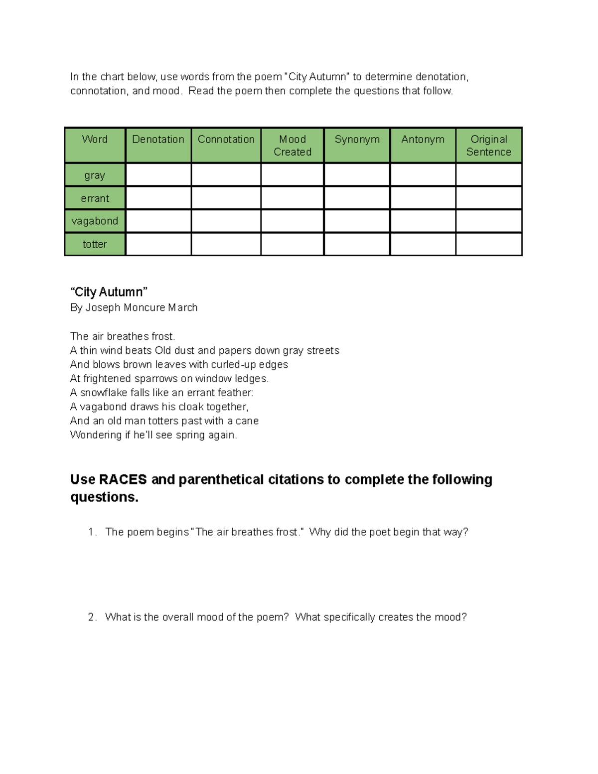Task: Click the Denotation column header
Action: coord(158,140)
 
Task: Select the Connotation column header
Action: coord(226,140)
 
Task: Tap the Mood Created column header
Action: coord(293,146)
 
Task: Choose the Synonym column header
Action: coord(357,140)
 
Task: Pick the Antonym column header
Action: coord(423,140)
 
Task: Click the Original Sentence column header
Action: coord(488,146)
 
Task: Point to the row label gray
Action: coord(95,175)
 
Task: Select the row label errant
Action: coord(95,198)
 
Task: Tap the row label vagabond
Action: coord(95,221)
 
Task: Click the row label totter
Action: coord(95,244)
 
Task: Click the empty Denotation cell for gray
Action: coord(158,175)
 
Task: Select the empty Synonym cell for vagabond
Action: coord(357,221)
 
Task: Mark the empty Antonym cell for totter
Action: coord(423,244)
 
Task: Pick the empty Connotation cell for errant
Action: coord(226,198)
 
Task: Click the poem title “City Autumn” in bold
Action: coord(109,292)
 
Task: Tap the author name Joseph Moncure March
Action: coord(142,308)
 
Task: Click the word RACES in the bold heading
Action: coord(123,479)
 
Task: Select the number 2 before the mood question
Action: coord(92,617)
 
